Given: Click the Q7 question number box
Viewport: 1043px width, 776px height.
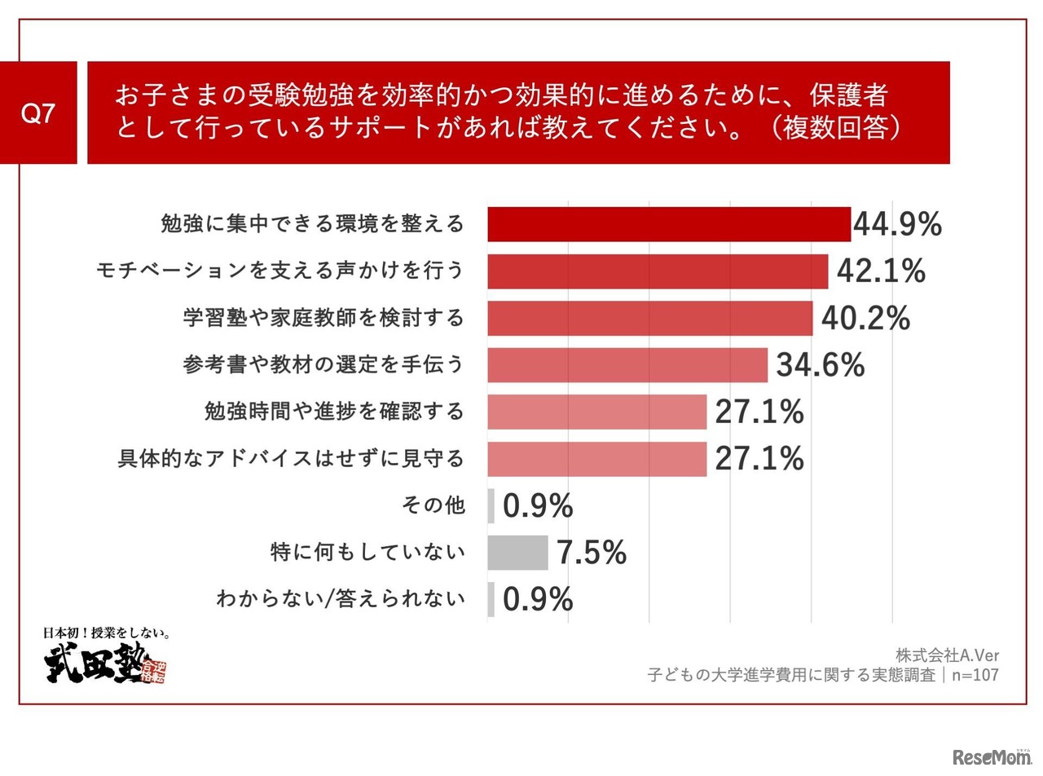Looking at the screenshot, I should pos(38,113).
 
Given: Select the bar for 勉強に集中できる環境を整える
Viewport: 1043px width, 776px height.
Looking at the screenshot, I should pos(669,224).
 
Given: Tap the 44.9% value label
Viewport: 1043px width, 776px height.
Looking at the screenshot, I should pos(897,224).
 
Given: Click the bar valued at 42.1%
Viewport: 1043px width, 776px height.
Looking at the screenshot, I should pos(658,271).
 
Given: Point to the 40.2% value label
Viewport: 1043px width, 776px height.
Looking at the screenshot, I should pos(865,319).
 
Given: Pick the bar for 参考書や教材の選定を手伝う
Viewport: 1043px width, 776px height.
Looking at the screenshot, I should pos(627,365).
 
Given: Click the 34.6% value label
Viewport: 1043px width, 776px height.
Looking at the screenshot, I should pos(820,365).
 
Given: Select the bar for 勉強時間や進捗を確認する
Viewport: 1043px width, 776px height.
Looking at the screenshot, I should pos(596,412).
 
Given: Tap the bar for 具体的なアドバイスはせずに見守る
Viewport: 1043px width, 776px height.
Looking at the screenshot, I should pos(596,459).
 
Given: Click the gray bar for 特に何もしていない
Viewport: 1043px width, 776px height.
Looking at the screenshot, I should pos(517,553).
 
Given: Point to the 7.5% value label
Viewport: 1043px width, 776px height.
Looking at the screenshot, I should pos(592,553).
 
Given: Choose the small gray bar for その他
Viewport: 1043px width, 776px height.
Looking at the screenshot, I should pos(491,506).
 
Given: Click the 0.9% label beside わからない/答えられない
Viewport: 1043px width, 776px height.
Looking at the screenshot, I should pos(538,600).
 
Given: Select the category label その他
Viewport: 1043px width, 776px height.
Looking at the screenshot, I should pos(433,505).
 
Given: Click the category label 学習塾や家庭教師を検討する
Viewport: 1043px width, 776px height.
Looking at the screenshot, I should pos(323,318).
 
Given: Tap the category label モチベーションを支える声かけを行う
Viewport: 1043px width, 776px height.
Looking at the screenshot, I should pos(279,271).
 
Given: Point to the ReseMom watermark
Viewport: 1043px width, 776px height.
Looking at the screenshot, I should pos(992,757).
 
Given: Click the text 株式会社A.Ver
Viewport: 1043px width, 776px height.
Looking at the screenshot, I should pos(947,655).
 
